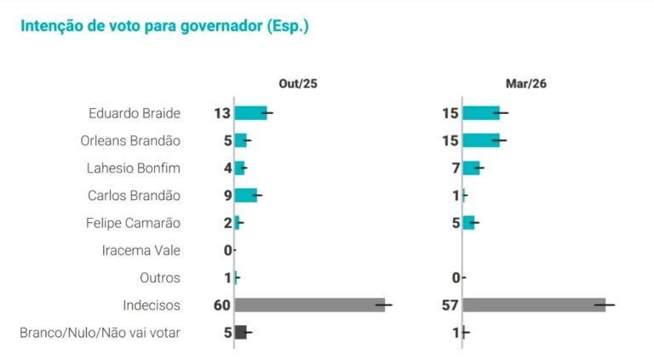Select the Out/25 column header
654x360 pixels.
coord(298,83)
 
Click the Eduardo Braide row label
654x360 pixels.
coord(134,113)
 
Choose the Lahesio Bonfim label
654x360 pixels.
coord(134,168)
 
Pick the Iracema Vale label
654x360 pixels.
coord(141,250)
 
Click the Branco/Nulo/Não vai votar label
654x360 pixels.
coord(100,332)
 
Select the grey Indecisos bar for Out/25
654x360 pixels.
coord(309,305)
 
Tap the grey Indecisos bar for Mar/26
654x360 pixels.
coord(533,305)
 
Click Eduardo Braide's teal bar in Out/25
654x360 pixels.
coord(250,113)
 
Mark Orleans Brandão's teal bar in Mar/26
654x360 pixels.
coord(480,140)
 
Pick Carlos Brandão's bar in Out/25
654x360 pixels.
coord(245,195)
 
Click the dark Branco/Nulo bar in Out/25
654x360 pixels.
coord(240,332)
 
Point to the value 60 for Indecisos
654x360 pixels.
coord(223,305)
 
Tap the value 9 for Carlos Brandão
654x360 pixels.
coord(227,195)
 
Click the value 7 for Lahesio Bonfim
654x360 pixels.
coord(456,168)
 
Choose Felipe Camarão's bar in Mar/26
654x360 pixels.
coord(468,222)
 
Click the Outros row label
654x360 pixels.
coord(160,277)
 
